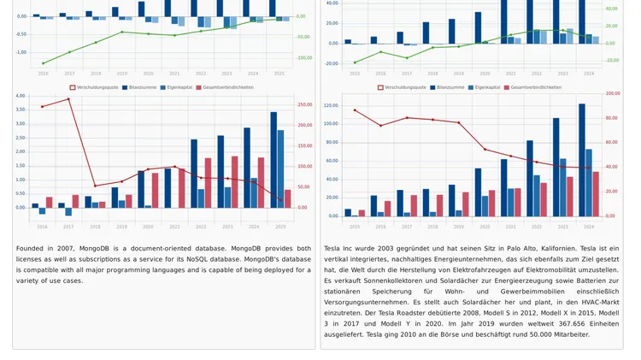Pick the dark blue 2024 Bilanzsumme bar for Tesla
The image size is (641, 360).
click(x=582, y=160)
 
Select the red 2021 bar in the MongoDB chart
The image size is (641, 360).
click(x=181, y=188)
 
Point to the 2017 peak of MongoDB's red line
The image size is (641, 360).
click(x=69, y=99)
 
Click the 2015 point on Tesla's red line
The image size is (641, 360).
click(x=355, y=110)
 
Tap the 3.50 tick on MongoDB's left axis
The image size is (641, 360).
click(x=21, y=110)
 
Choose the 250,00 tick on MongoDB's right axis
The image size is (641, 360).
click(x=304, y=105)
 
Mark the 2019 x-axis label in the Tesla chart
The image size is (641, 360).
click(x=459, y=227)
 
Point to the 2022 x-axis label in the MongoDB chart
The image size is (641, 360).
click(x=201, y=227)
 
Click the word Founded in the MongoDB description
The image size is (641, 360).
click(x=29, y=249)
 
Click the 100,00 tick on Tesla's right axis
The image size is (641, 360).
click(x=613, y=93)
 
